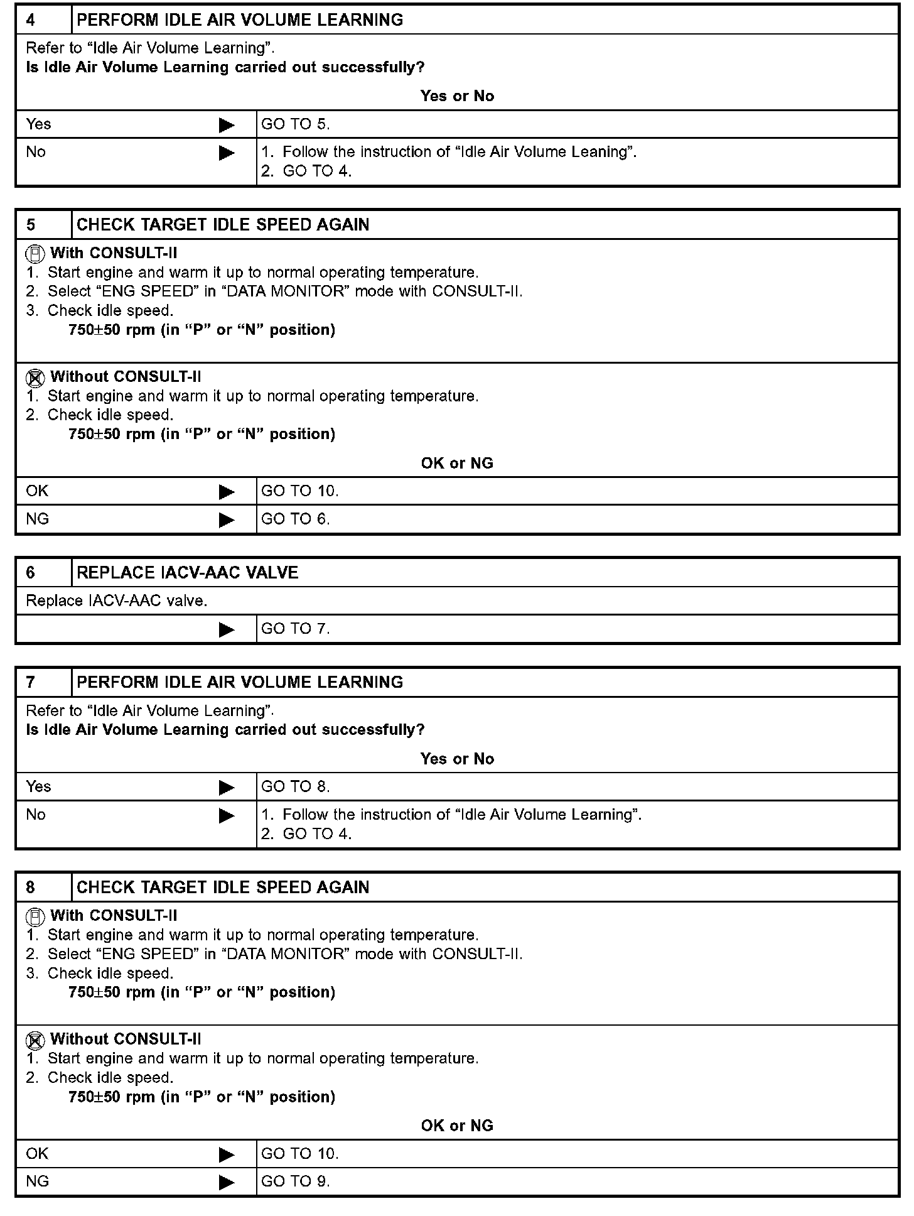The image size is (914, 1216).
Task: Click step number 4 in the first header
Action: coord(31,20)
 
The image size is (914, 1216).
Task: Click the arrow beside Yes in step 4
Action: coord(227,125)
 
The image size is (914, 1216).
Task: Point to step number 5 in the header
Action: coord(31,225)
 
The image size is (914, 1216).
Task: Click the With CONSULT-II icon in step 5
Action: coord(35,254)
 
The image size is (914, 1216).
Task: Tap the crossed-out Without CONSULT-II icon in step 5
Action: coord(35,378)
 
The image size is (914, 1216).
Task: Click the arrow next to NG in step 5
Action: coord(227,520)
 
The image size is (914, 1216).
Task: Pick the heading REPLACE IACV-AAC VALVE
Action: coord(187,573)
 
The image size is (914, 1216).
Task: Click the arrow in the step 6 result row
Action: coord(227,629)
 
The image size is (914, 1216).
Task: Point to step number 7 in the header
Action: coord(31,683)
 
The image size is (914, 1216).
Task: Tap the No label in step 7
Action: coord(36,815)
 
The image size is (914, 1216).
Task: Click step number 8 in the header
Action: coord(31,888)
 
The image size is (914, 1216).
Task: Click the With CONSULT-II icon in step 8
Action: coord(35,917)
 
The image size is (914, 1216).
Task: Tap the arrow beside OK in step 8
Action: coord(227,1154)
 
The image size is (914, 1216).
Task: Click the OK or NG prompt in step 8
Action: coord(457,1126)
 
